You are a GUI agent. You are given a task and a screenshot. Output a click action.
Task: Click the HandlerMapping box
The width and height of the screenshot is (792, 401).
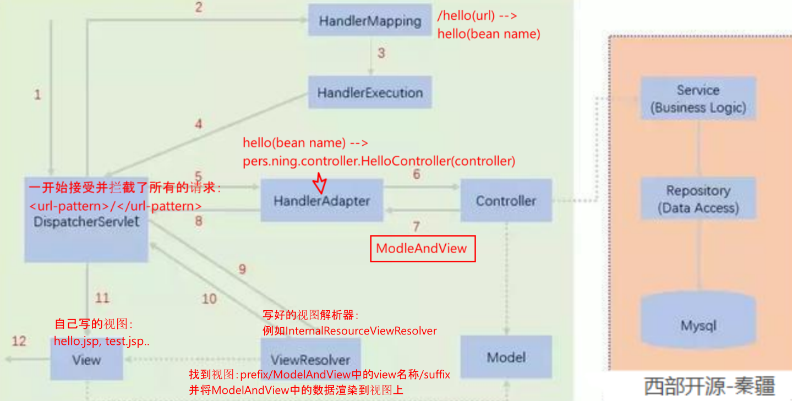coord(370,21)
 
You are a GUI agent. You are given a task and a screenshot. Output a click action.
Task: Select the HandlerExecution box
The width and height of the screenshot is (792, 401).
coord(370,92)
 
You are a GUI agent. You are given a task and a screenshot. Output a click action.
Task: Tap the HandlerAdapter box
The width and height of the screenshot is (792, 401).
coord(321,201)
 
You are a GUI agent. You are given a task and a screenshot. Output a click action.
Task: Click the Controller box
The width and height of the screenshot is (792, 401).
coord(506,201)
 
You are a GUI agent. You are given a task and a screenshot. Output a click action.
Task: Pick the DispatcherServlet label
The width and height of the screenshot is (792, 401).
coord(86,222)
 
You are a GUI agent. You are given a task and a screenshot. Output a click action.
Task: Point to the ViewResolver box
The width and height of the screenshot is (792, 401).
coord(310,360)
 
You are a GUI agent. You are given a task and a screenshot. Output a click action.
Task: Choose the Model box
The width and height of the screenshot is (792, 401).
coord(506,358)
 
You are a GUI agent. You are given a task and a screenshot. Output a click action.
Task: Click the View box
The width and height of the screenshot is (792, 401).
coord(86,360)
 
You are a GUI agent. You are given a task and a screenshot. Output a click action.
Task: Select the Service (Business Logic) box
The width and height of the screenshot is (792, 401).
coord(698,99)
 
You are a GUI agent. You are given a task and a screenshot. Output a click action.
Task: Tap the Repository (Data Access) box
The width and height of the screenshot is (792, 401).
coord(698,199)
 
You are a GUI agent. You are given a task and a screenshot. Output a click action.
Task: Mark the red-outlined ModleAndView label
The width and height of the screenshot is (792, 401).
coord(422,249)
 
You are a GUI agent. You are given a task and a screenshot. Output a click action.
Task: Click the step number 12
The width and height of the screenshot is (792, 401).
coord(19,342)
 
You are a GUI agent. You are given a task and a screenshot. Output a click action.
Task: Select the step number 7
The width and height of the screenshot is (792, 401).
coord(416,226)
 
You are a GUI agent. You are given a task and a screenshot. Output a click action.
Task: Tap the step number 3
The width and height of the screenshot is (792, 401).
coord(381,53)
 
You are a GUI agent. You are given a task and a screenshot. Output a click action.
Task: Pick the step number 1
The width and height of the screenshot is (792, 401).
coord(37,95)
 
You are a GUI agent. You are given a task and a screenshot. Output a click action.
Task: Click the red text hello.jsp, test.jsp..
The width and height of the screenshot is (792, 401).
coord(102,341)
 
